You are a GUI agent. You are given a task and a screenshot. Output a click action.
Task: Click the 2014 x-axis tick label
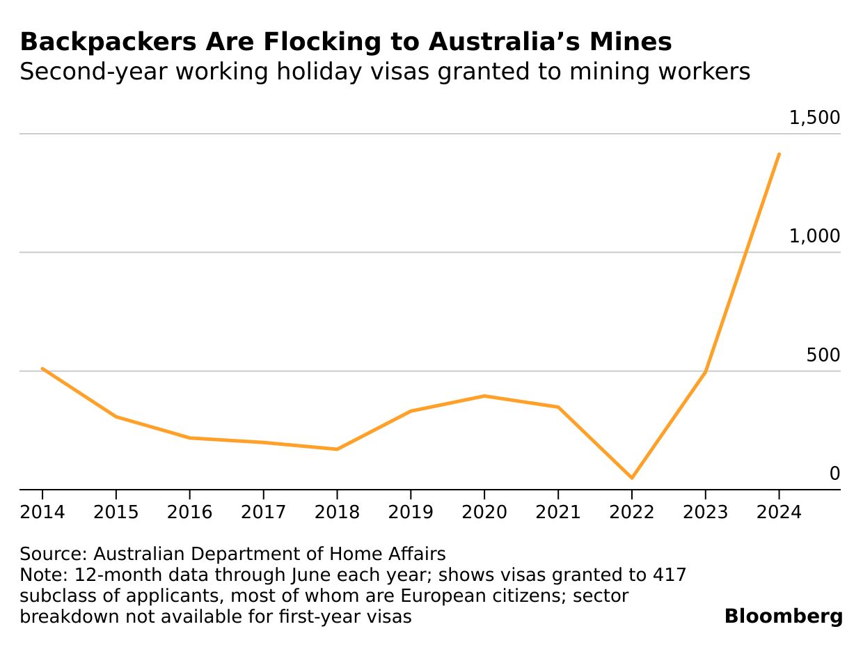(x=42, y=513)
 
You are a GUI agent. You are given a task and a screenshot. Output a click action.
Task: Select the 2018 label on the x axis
(x=337, y=513)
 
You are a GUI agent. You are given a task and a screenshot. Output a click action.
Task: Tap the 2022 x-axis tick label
(x=632, y=513)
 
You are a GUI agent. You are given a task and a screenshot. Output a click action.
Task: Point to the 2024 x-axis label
(x=779, y=513)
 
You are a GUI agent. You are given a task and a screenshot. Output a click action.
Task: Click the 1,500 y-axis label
(x=814, y=118)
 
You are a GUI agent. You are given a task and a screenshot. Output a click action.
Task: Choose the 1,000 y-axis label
(x=814, y=237)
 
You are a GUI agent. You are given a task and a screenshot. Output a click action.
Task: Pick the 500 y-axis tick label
(x=823, y=355)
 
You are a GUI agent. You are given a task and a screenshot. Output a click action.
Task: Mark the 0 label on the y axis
(x=834, y=474)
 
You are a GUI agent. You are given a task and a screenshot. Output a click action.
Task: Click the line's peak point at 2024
(x=779, y=154)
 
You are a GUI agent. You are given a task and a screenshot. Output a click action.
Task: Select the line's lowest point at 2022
(x=632, y=478)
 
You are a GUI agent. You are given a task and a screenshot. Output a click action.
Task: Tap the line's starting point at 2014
(x=42, y=368)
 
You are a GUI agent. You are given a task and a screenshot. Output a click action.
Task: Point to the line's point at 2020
(x=484, y=396)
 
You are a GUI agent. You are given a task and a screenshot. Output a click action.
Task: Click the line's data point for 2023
(x=706, y=372)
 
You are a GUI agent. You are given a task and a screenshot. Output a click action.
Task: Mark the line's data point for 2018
(x=337, y=449)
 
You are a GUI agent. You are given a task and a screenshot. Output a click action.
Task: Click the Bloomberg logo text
(x=783, y=616)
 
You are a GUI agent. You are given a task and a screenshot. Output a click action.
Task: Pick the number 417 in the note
(x=669, y=575)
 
